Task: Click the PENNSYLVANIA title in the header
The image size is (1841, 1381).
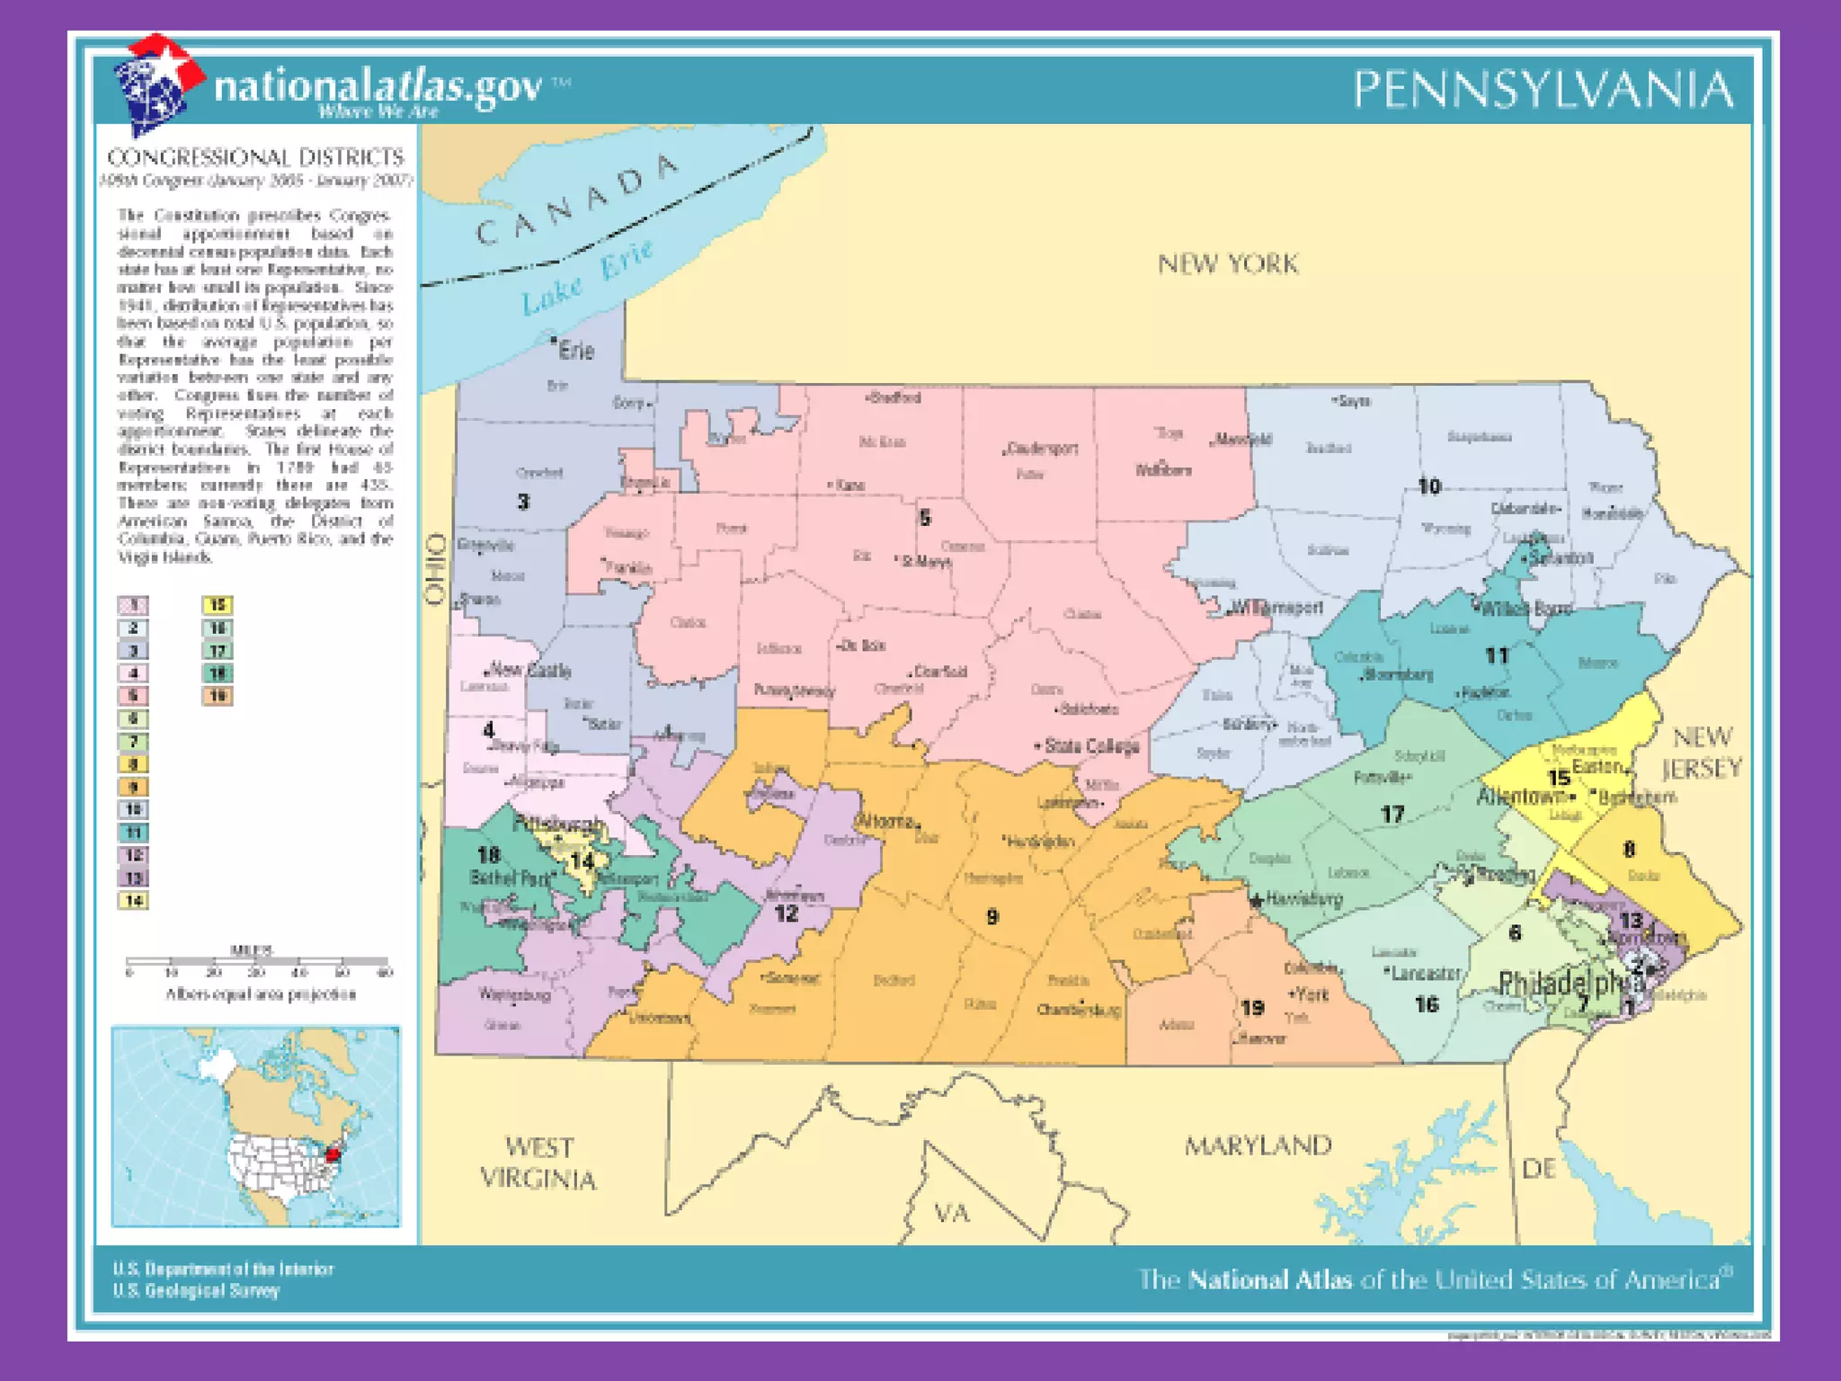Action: tap(1543, 90)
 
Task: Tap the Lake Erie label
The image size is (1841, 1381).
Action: tap(586, 277)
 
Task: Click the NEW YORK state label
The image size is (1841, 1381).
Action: tap(1228, 264)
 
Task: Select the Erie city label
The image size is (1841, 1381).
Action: tap(575, 351)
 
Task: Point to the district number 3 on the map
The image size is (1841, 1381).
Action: tap(523, 502)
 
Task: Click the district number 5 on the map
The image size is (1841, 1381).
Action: tap(925, 518)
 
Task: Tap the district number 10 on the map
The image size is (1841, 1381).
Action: tap(1429, 486)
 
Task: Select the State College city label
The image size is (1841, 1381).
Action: tap(1091, 745)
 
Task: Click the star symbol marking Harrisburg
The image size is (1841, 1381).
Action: tap(1257, 900)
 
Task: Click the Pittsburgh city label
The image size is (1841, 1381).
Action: tap(558, 824)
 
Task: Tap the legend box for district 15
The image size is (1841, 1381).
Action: tap(218, 605)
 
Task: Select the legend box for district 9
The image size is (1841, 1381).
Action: tap(133, 787)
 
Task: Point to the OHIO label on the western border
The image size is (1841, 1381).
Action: tap(436, 568)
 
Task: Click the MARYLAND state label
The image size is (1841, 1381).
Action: tap(1257, 1145)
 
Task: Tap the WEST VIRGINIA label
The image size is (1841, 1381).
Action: tap(538, 1163)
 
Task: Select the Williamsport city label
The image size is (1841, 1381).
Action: tap(1276, 607)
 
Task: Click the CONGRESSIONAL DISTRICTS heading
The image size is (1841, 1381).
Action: tap(255, 158)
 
